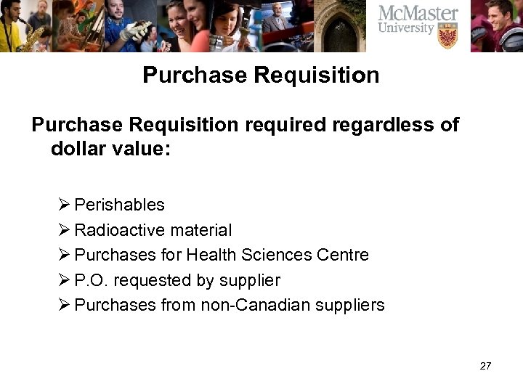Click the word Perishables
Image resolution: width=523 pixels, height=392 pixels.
[x=119, y=205]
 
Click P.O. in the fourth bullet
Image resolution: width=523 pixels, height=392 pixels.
[x=90, y=280]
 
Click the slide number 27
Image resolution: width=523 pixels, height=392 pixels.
[x=485, y=366]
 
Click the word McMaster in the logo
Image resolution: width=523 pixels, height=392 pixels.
[x=418, y=13]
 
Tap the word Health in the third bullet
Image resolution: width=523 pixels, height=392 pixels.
[x=211, y=256]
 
